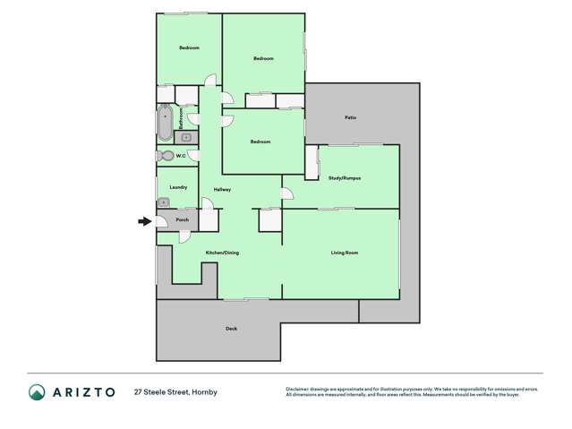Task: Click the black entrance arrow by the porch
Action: [x=144, y=220]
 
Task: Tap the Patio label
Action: [x=351, y=117]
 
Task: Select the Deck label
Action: [x=231, y=329]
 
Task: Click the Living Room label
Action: [x=345, y=253]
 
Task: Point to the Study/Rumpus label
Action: [x=345, y=178]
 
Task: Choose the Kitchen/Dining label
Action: [x=222, y=253]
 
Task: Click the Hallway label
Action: [x=222, y=189]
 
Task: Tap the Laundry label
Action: [x=178, y=186]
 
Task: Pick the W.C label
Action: [x=180, y=156]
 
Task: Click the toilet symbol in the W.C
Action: [x=164, y=156]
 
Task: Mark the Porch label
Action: [x=182, y=219]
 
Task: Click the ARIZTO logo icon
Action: [x=37, y=391]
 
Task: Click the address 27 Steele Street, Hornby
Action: [x=175, y=391]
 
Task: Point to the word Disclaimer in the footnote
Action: [x=298, y=388]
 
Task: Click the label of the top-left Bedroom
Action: [x=188, y=47]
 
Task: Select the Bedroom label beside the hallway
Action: [x=260, y=142]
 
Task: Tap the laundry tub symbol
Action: [x=164, y=202]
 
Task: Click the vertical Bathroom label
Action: [x=181, y=119]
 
